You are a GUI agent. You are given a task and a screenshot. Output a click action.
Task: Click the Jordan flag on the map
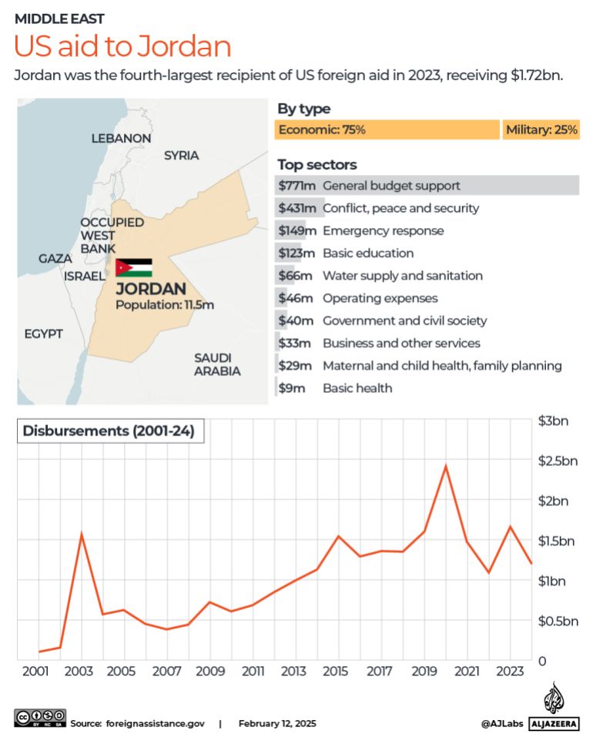pyautogui.click(x=134, y=268)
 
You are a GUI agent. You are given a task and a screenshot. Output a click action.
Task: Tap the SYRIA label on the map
pyautogui.click(x=181, y=156)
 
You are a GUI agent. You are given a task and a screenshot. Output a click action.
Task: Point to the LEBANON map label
pyautogui.click(x=121, y=138)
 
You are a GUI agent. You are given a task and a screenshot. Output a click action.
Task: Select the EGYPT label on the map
pyautogui.click(x=43, y=334)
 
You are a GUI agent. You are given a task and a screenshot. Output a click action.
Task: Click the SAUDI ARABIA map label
pyautogui.click(x=217, y=364)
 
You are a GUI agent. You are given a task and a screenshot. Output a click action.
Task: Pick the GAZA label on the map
pyautogui.click(x=55, y=259)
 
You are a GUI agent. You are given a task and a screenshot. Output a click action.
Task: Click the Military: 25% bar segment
pyautogui.click(x=541, y=130)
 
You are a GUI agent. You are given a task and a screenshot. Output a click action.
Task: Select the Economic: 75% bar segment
pyautogui.click(x=387, y=130)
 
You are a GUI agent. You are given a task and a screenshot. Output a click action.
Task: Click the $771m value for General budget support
pyautogui.click(x=297, y=186)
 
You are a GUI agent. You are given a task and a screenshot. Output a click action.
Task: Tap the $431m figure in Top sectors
pyautogui.click(x=297, y=208)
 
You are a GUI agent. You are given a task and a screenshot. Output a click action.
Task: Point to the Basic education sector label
pyautogui.click(x=367, y=253)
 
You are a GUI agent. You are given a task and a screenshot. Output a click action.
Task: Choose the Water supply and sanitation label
pyautogui.click(x=402, y=276)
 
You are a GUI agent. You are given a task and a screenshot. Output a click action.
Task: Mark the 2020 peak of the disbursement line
pyautogui.click(x=446, y=465)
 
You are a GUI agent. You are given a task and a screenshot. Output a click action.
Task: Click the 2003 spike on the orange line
pyautogui.click(x=82, y=533)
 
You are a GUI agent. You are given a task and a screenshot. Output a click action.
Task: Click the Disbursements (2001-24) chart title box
pyautogui.click(x=111, y=431)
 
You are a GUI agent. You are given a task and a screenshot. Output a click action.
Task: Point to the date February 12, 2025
pyautogui.click(x=277, y=724)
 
